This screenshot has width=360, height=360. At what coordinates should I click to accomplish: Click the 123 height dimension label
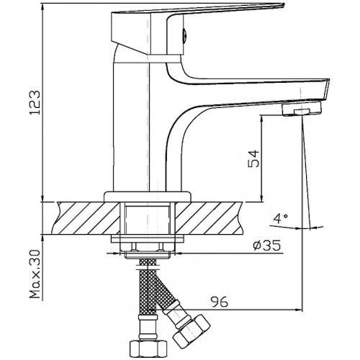(x=35, y=102)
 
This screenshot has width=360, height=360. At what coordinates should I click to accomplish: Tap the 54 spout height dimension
(x=253, y=158)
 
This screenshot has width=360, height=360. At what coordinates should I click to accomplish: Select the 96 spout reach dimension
(x=219, y=302)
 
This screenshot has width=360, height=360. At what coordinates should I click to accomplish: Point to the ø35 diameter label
(x=266, y=246)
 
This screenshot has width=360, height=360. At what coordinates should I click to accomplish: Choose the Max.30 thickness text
(x=35, y=274)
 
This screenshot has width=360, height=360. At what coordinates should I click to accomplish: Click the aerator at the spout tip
(x=302, y=109)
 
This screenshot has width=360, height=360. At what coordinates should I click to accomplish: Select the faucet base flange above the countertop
(x=148, y=197)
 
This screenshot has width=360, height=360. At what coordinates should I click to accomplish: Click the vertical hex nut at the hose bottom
(x=148, y=350)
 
